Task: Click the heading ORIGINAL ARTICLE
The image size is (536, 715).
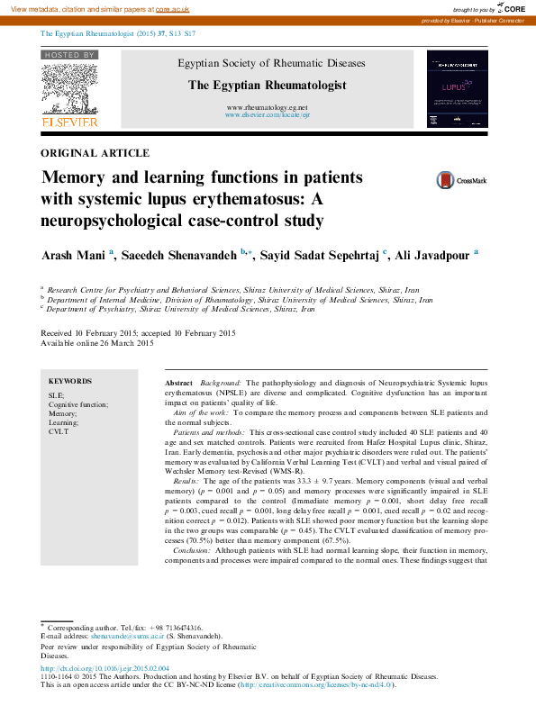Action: pyautogui.click(x=95, y=153)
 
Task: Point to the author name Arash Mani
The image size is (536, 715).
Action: pyautogui.click(x=74, y=256)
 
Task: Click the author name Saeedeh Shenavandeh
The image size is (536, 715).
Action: pyautogui.click(x=185, y=256)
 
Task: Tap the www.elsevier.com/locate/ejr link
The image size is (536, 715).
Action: pyautogui.click(x=267, y=116)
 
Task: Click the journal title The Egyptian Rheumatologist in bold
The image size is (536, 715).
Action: pyautogui.click(x=267, y=85)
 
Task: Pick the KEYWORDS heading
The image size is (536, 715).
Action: pyautogui.click(x=70, y=382)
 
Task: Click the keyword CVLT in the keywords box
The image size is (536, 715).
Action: pyautogui.click(x=58, y=432)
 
